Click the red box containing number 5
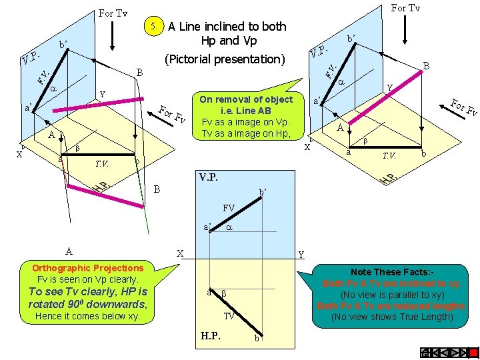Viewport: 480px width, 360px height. [154, 27]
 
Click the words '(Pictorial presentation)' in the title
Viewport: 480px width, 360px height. [225, 59]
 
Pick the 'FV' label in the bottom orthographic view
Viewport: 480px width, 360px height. [229, 208]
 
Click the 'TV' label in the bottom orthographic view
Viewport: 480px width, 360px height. [229, 316]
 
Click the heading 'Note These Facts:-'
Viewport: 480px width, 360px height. [392, 272]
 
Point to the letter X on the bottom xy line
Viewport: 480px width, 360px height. [179, 254]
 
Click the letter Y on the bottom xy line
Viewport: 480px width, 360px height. [301, 254]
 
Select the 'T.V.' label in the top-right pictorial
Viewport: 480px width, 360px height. [388, 156]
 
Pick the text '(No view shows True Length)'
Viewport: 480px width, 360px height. [392, 317]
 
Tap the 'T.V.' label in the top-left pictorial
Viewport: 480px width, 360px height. [101, 163]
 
